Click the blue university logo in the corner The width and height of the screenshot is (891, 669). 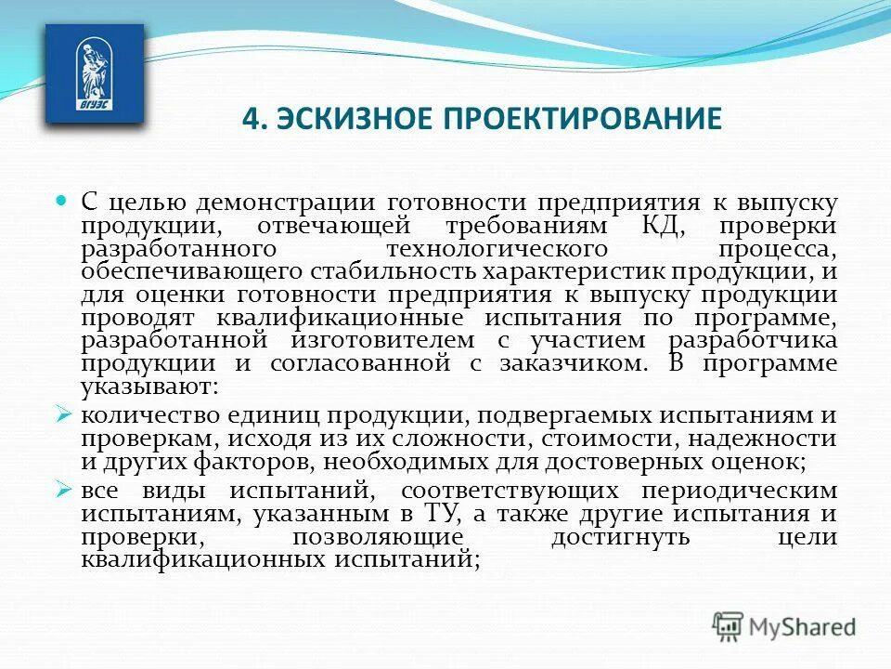[x=95, y=73]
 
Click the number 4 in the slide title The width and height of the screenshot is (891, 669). [x=248, y=119]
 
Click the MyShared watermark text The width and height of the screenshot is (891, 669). [x=804, y=628]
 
